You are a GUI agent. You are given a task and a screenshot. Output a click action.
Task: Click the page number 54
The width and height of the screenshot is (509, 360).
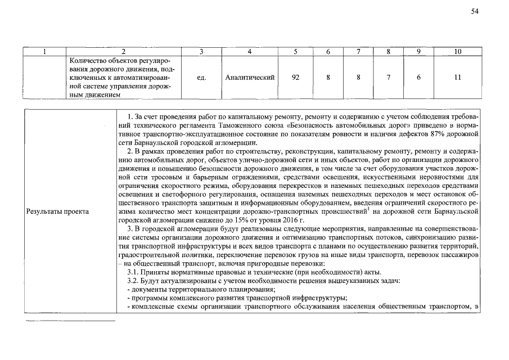point(475,13)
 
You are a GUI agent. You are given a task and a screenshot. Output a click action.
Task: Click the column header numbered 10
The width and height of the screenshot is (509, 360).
point(457,52)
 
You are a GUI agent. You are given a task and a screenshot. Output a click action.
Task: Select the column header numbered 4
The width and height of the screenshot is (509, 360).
point(249,52)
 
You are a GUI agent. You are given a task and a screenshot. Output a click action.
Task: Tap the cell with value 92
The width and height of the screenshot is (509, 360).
point(296,78)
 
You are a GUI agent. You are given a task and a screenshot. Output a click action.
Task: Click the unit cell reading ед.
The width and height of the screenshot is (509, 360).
point(201,78)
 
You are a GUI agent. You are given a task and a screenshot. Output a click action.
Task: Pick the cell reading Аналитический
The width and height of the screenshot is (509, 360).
point(249,78)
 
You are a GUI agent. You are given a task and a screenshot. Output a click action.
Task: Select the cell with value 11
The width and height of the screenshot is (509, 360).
point(457,78)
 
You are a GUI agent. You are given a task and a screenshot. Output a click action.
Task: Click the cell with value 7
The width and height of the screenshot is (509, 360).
point(388,78)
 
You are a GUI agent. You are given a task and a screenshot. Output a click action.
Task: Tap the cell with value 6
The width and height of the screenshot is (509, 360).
point(418,78)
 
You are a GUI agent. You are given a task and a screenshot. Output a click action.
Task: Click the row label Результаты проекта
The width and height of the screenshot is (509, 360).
point(54,212)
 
